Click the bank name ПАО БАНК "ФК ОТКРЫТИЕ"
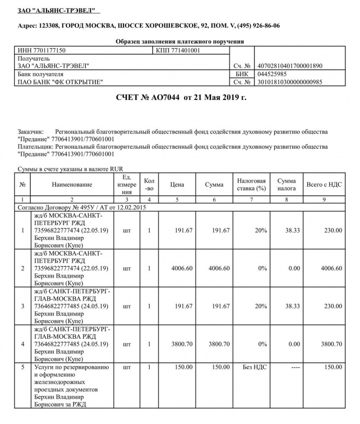(60, 82)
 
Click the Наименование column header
(72, 185)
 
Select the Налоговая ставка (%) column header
(251, 185)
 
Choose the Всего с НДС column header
(324, 185)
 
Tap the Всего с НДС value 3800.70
(331, 344)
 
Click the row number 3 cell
(22, 307)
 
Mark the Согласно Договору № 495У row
(81, 208)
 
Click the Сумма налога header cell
(286, 185)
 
